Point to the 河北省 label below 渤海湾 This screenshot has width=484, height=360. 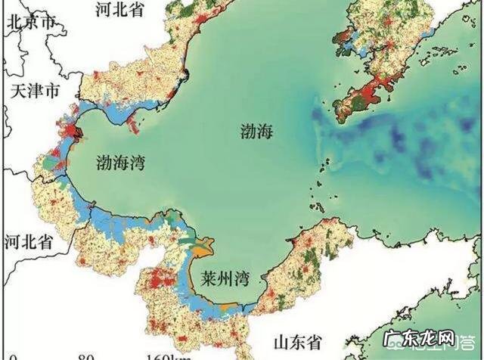[28, 242]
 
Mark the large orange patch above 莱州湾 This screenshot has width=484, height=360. [201, 247]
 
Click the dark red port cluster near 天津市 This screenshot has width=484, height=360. [76, 134]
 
